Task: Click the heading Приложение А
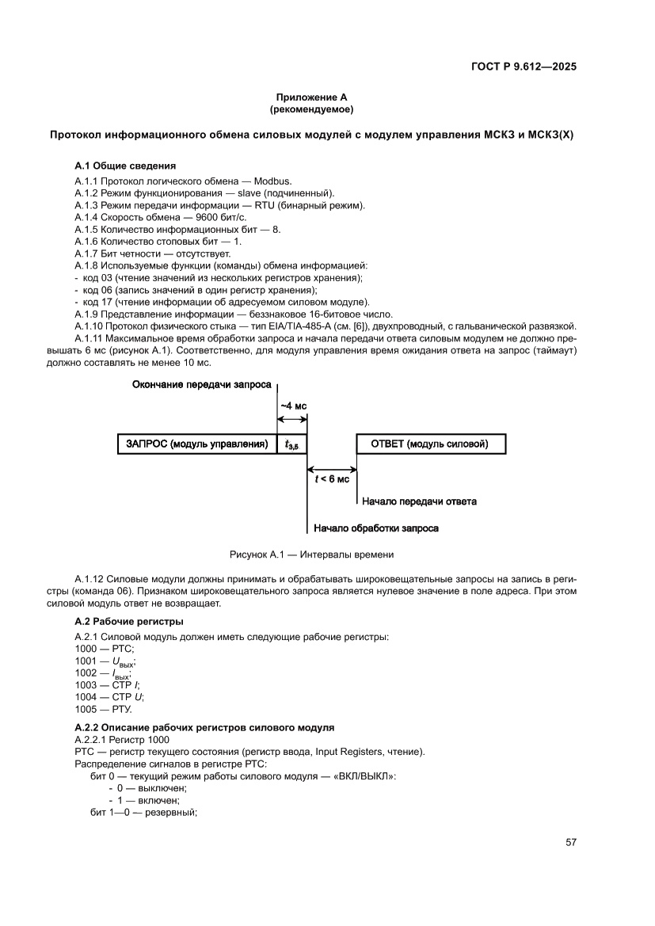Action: (311, 97)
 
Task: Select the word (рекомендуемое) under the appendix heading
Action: (311, 109)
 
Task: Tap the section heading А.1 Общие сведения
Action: (125, 166)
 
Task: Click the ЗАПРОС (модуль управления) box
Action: (196, 444)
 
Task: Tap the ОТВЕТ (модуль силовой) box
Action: (430, 444)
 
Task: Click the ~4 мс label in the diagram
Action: (291, 407)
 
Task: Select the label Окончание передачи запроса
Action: (196, 384)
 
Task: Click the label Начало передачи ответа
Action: (420, 501)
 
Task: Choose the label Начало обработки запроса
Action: (376, 528)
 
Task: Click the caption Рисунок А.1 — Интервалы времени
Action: (311, 554)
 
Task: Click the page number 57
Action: (570, 842)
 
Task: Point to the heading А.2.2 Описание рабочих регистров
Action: (204, 727)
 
